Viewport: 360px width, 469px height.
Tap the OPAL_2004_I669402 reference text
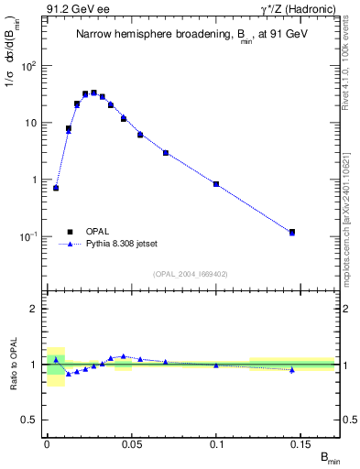[x=191, y=273]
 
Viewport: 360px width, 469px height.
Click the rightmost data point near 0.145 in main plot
[x=292, y=233]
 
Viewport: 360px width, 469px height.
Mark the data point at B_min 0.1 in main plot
[x=216, y=184]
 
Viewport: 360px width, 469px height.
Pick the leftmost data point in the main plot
[x=56, y=188]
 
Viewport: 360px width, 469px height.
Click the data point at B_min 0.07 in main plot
[x=166, y=152]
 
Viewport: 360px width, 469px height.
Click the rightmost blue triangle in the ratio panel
[x=292, y=370]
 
